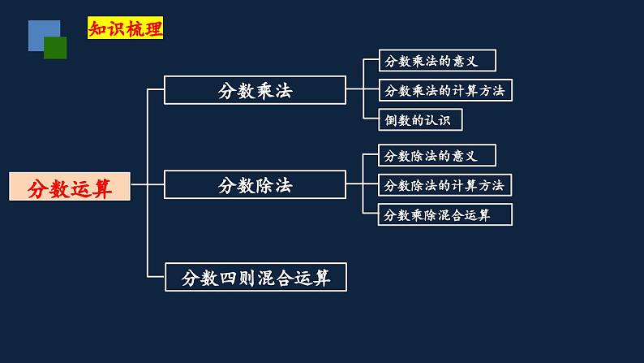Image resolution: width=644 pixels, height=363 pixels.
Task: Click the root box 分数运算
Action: coord(69,188)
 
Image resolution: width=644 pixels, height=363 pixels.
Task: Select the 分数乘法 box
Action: coord(255,90)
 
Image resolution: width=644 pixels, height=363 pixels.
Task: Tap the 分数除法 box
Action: coord(255,184)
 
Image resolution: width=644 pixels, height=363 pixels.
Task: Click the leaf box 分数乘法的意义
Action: coord(436,61)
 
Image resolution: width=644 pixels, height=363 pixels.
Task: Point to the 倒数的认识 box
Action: coord(420,120)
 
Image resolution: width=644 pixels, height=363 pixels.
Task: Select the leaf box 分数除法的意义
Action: coord(436,155)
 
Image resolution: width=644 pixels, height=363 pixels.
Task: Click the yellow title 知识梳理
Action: coord(126,29)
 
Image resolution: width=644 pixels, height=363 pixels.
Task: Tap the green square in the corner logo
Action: coord(55,48)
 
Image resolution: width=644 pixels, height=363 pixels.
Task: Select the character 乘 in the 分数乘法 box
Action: coord(264,90)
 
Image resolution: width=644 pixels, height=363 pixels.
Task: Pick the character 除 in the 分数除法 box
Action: coord(264,185)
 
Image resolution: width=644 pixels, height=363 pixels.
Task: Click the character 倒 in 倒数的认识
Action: coord(391,120)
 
